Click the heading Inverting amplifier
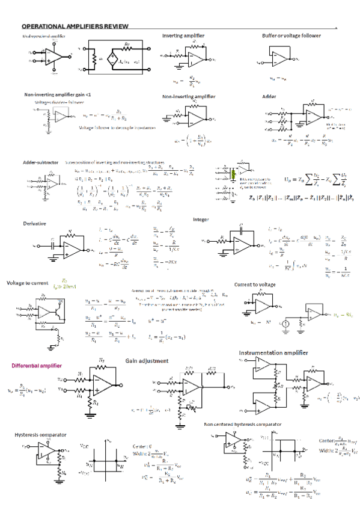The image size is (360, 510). tap(183, 36)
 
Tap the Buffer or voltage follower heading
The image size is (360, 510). tap(291, 36)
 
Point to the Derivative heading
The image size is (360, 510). tap(34, 224)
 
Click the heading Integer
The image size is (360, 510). tap(201, 220)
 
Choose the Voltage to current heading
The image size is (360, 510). tap(27, 283)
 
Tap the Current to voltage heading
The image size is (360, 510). tap(255, 284)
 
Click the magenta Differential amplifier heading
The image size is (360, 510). tap(36, 365)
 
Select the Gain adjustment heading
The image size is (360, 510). tap(147, 361)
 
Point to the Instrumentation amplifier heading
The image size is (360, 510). tap(273, 352)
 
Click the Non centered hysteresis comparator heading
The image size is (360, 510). tap(242, 425)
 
